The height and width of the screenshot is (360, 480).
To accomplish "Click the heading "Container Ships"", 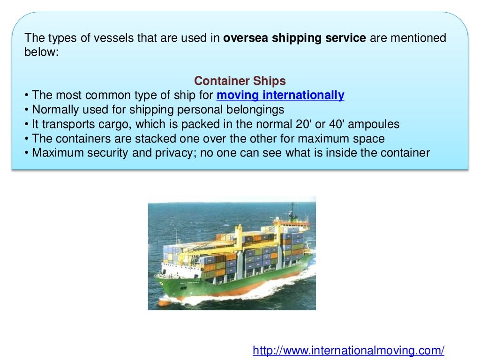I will (x=240, y=80).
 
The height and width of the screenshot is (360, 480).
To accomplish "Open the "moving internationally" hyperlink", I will (x=280, y=95).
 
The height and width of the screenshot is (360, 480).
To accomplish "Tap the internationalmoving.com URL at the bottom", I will (x=348, y=350).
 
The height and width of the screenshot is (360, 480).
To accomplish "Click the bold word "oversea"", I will (x=242, y=37).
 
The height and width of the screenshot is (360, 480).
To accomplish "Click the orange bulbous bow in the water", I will (x=162, y=303).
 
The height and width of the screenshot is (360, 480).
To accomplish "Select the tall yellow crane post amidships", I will (x=239, y=239).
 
